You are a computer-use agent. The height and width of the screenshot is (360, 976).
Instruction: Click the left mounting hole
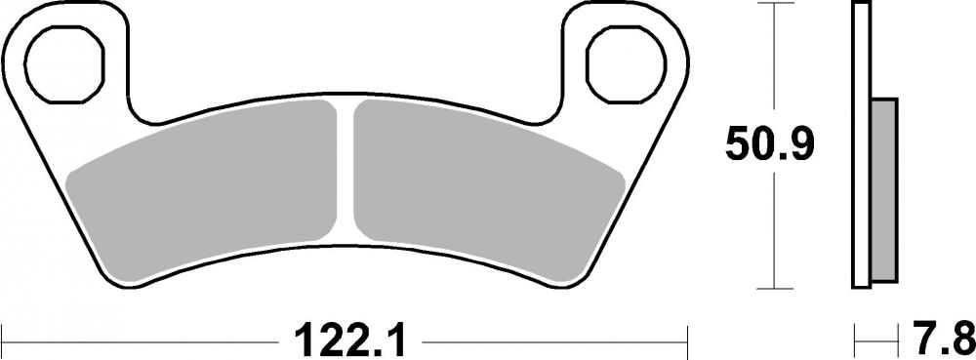click(63, 67)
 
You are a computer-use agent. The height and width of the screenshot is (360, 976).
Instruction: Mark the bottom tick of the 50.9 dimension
click(774, 288)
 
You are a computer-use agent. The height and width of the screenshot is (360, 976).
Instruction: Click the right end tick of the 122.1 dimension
click(690, 340)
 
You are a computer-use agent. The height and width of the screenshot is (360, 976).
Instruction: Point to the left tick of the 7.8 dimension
click(855, 340)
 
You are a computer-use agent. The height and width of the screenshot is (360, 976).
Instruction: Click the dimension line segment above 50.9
click(774, 59)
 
